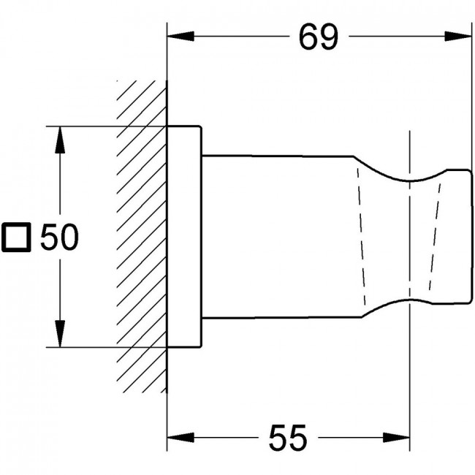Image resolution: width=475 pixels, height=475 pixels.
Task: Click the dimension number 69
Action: point(318,37)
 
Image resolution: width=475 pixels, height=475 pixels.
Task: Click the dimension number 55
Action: point(288,438)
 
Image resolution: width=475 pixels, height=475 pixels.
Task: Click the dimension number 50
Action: point(59,237)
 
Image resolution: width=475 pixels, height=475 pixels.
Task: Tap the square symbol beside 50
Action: point(16,237)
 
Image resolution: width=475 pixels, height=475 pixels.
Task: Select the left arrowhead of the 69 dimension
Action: point(180,37)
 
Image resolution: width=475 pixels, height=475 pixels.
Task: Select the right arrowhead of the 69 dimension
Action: point(458,37)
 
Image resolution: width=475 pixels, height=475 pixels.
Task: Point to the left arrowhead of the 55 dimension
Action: point(180,438)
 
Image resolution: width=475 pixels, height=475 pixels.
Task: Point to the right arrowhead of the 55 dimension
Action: point(396,438)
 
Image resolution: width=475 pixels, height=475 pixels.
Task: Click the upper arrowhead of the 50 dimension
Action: point(60,140)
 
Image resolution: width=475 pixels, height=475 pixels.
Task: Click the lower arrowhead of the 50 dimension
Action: point(60,333)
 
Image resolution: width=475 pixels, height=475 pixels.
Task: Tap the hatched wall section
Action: point(142,236)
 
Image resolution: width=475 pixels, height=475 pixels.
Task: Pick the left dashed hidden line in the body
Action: point(361,236)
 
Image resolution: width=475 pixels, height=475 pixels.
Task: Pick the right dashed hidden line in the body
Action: point(435,236)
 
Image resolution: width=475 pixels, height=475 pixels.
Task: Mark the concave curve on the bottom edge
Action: point(409,300)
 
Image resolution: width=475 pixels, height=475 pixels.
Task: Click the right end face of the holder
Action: point(471,236)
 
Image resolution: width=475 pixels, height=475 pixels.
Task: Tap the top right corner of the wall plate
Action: point(201,126)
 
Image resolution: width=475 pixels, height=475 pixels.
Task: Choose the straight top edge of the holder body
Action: point(278,156)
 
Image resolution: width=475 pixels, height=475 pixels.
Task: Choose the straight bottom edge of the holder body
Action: point(282,318)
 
